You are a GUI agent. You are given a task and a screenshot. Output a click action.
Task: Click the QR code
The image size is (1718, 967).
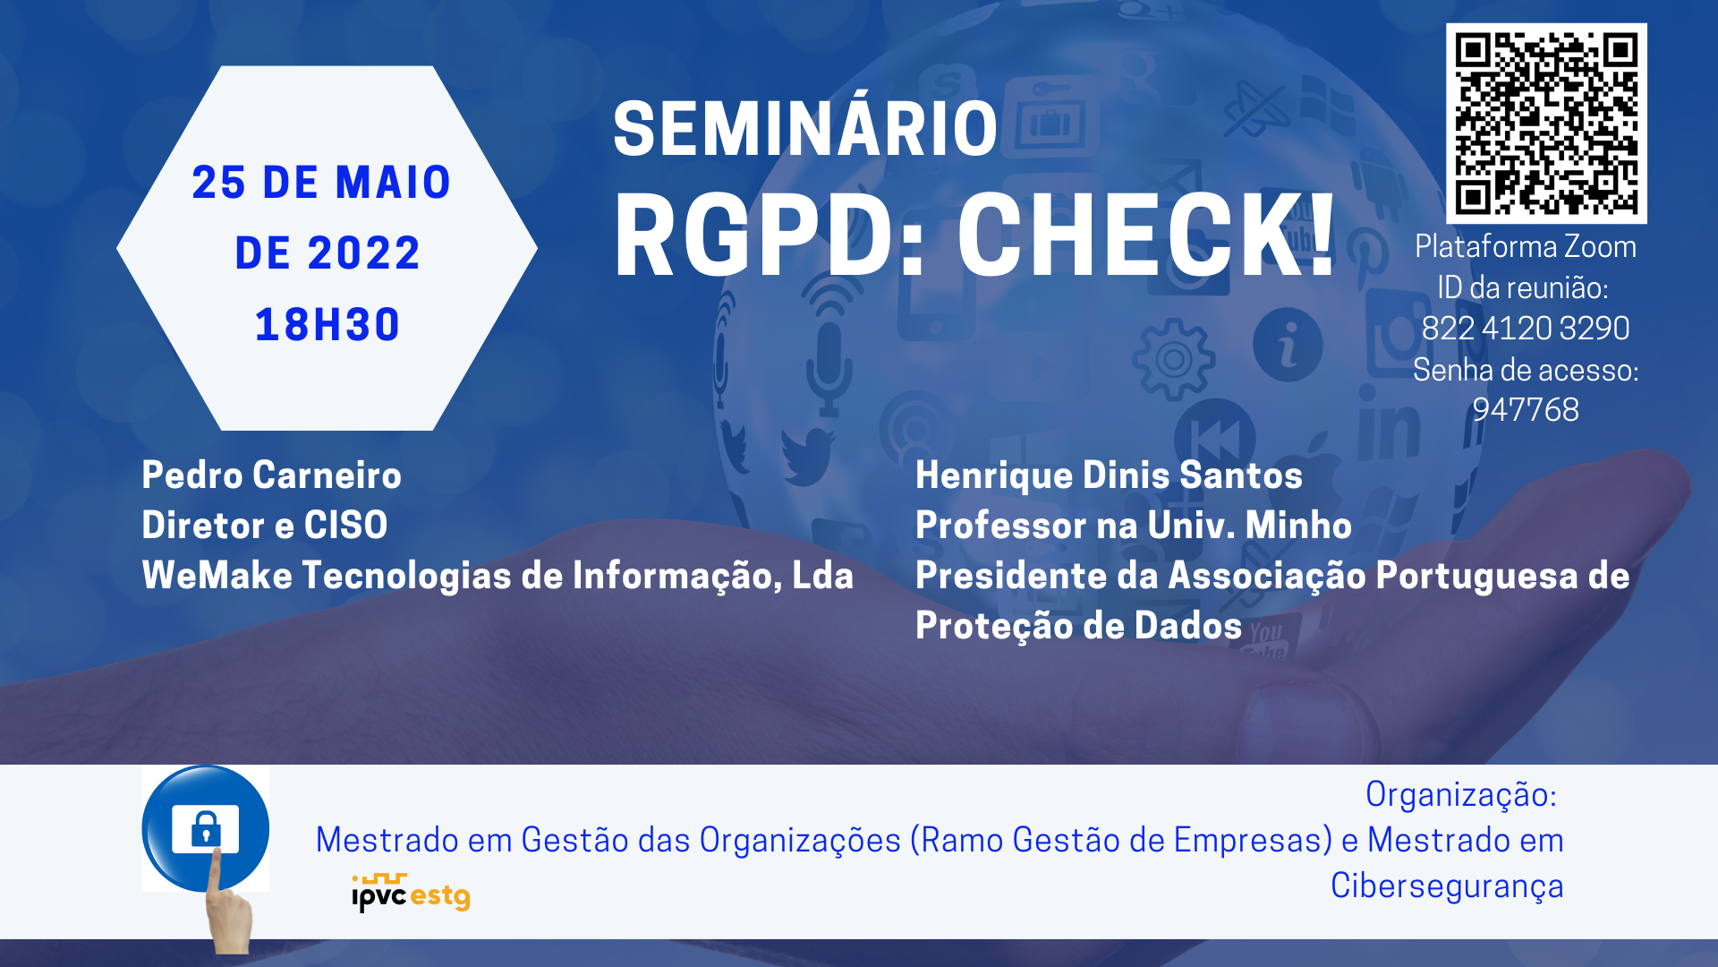1546,124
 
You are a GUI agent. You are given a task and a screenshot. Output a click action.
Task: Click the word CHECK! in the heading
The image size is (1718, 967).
1147,235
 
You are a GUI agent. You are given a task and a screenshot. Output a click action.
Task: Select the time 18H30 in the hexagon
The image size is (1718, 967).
327,324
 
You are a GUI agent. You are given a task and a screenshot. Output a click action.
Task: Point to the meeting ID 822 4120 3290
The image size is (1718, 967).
1526,329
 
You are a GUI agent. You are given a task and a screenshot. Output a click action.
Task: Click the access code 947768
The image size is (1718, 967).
1526,410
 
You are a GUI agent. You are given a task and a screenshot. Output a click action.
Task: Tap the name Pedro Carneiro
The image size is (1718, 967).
272,475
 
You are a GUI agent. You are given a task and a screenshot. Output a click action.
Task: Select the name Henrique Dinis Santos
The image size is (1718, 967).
1109,475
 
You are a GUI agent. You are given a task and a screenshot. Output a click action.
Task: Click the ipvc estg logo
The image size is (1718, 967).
411,893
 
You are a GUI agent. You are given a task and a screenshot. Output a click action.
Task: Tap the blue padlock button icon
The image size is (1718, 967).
206,828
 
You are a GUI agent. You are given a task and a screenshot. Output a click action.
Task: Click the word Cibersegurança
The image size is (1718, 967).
1447,886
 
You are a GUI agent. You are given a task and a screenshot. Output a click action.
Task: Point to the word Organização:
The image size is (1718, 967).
1461,795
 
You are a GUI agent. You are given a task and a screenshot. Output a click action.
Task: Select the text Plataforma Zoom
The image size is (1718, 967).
1526,246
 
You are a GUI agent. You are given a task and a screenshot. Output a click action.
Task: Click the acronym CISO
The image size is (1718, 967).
345,526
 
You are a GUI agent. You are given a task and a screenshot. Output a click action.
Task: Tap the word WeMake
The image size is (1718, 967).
217,576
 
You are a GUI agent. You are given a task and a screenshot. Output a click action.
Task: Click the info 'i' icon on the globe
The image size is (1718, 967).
1288,344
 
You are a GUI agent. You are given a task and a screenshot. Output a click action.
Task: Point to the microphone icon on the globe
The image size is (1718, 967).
829,367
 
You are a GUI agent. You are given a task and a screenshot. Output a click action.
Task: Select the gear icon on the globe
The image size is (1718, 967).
1173,359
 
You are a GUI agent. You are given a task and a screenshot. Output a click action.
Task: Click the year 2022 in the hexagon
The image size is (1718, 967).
364,253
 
